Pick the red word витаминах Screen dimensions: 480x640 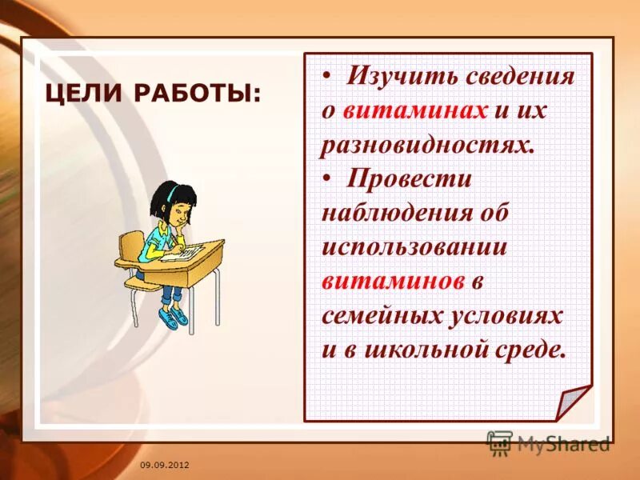(415, 111)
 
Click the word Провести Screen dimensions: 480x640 (409, 179)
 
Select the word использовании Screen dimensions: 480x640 (414, 247)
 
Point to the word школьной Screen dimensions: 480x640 (437, 350)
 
